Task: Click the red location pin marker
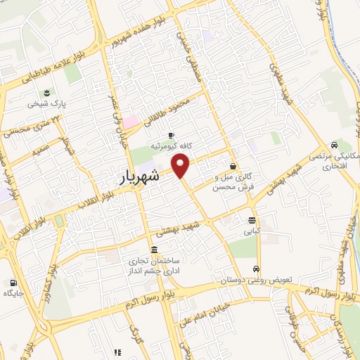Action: tap(182, 165)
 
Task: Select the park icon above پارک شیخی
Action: tap(47, 92)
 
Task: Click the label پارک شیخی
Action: tap(46, 103)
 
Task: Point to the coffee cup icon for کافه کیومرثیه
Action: tap(170, 135)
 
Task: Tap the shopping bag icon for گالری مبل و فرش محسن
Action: tap(233, 167)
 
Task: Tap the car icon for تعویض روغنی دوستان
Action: tap(257, 269)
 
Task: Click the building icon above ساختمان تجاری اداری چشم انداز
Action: tap(154, 251)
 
